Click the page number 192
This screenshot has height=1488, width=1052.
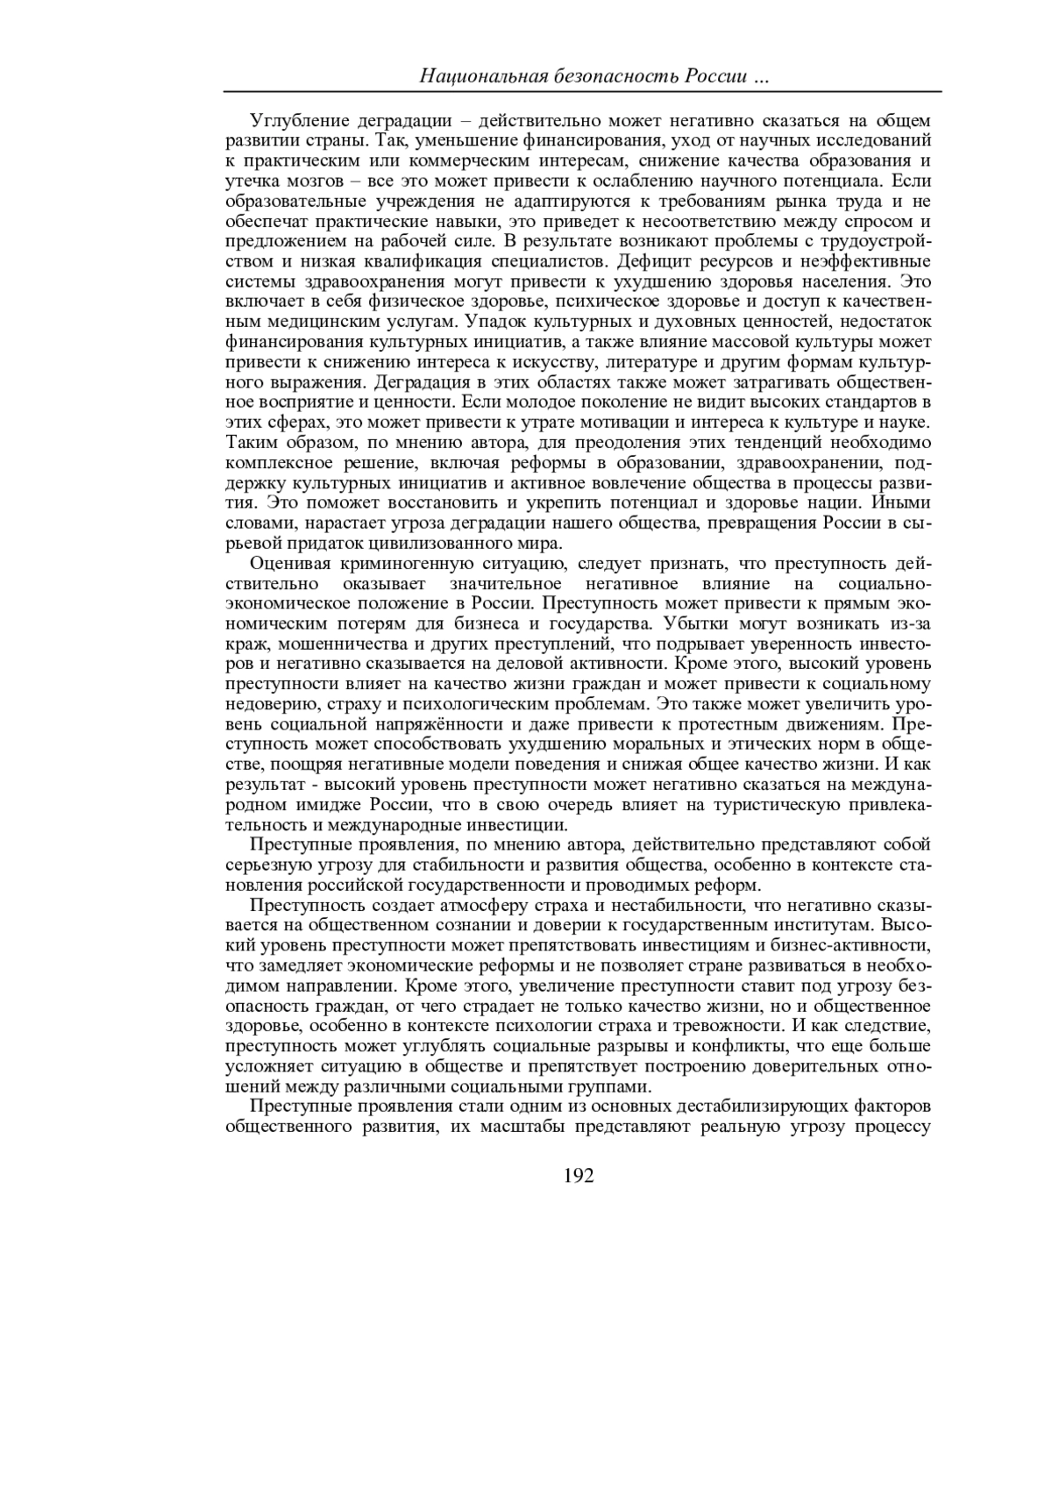point(579,1176)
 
